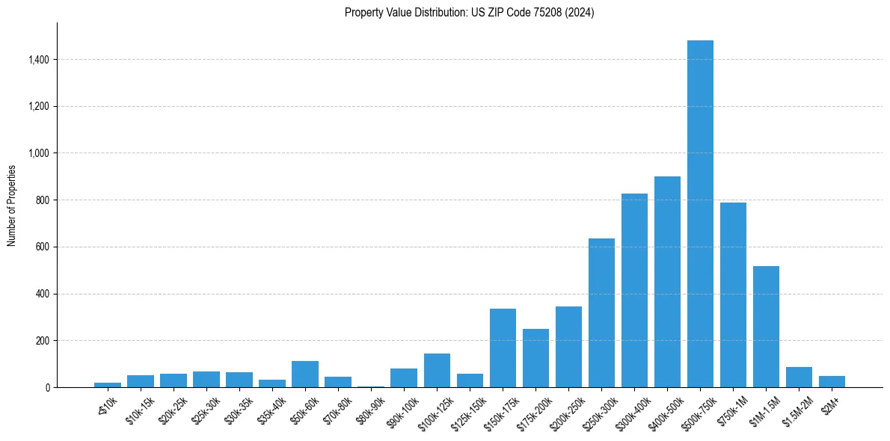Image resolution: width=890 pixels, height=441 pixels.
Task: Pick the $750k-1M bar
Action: pos(733,294)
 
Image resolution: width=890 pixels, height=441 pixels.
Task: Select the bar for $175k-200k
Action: pos(535,358)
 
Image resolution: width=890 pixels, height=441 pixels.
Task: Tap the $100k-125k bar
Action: pos(437,370)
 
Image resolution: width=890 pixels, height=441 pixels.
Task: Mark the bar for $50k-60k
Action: pos(305,374)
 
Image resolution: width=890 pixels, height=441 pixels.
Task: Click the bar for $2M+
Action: pos(832,381)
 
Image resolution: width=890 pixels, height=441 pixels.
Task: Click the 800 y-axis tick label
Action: pos(42,200)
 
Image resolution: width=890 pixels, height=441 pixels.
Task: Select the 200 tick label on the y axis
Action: pos(42,341)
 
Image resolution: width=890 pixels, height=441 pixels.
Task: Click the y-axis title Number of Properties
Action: pos(12,205)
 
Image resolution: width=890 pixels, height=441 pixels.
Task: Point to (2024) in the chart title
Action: pos(580,13)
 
